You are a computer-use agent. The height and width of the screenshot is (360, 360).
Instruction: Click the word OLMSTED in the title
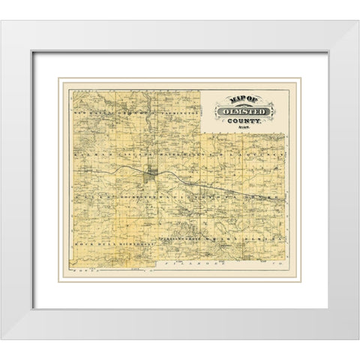[245, 112]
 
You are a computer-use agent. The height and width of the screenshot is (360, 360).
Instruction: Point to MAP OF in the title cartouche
[242, 100]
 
